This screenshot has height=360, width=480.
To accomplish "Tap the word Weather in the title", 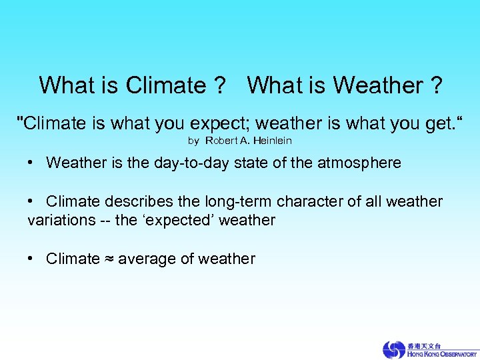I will click(x=377, y=85).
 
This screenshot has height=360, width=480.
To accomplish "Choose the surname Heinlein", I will click(x=272, y=141).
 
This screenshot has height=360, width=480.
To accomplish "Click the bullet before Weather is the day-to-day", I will click(x=31, y=162).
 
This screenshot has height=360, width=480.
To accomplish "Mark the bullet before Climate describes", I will click(x=31, y=201).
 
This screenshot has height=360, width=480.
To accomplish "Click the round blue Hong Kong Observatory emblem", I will click(x=393, y=349).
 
